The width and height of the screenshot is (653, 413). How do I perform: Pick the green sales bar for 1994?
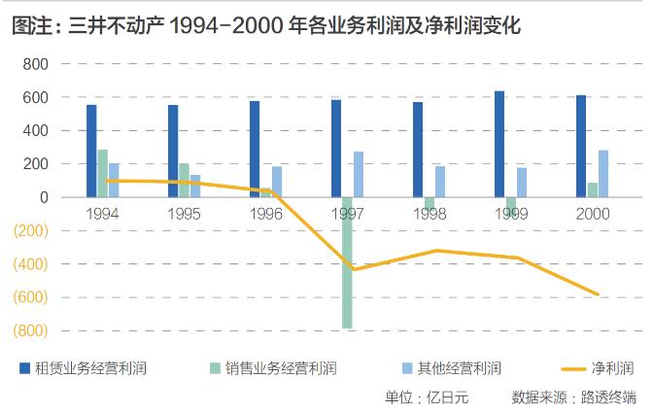(x=102, y=173)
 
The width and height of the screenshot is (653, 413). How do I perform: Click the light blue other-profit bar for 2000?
(x=603, y=173)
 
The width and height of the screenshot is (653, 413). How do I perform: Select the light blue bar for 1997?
(x=358, y=174)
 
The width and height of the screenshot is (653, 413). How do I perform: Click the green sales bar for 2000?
(x=593, y=189)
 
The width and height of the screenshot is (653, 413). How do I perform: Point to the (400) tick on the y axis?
(x=31, y=264)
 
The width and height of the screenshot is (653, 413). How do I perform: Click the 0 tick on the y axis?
(x=43, y=197)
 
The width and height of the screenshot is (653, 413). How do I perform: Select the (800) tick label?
(x=31, y=331)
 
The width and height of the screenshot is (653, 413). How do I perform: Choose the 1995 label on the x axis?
(x=185, y=213)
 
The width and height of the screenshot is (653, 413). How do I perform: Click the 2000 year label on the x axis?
(x=593, y=213)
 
